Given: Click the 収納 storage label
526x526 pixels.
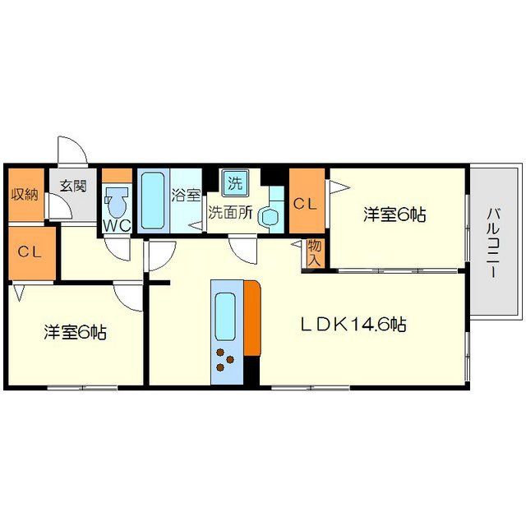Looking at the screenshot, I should pos(25,195).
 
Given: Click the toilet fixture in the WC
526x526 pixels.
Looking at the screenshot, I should pos(117,201).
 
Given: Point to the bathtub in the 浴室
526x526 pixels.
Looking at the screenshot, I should pos(152,201).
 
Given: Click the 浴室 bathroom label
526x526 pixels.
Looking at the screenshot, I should pos(186,196).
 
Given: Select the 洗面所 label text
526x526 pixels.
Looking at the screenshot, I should pos(230,212).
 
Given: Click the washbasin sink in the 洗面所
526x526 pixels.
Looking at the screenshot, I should pos(270,216).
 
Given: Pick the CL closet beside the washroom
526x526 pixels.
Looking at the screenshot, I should pos(306,202).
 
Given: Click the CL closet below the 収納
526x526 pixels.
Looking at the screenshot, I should pos(32,251).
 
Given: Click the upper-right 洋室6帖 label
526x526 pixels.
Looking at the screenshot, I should pos(395,215).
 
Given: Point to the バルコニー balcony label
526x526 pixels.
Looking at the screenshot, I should pos(493,242).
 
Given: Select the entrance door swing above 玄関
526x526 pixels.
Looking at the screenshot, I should pos(72,150).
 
